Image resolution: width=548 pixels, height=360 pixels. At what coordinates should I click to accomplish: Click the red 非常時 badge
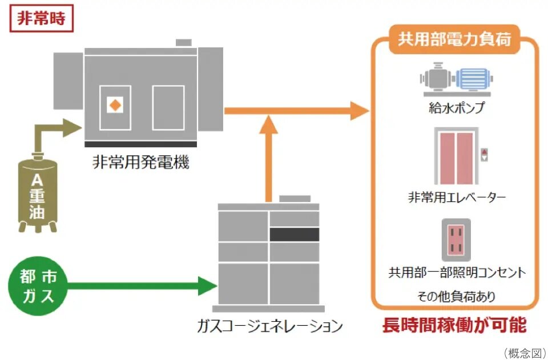[x=42, y=18]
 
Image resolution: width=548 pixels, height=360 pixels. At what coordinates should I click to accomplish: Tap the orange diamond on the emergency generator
[x=115, y=105]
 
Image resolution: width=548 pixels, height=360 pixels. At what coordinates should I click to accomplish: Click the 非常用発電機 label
[x=140, y=163]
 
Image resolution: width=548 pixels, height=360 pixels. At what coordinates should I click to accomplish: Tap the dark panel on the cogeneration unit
[x=294, y=234]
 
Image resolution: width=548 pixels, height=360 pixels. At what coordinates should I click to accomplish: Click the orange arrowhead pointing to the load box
[x=358, y=110]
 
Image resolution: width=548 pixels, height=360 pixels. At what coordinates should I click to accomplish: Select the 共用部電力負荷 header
[x=454, y=41]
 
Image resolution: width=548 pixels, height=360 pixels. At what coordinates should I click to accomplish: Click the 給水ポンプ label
[x=456, y=107]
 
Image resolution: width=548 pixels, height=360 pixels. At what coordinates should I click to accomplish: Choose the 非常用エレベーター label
[x=456, y=197]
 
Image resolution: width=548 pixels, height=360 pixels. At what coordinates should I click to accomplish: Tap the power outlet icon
[x=456, y=240]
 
